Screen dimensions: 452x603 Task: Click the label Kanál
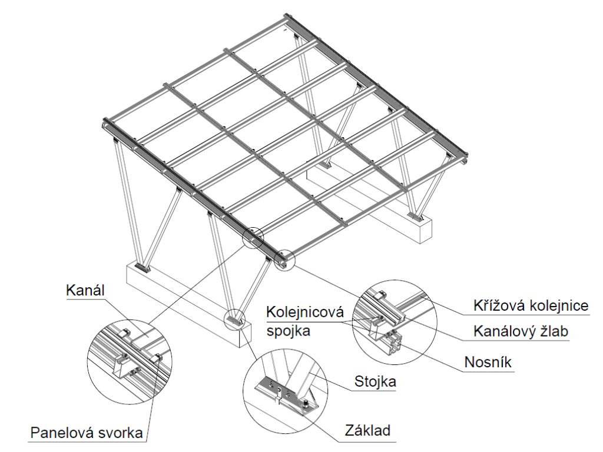(x=85, y=290)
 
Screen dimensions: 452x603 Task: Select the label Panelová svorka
(x=87, y=434)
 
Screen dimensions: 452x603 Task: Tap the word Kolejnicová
(x=304, y=311)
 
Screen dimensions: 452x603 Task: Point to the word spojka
(x=289, y=331)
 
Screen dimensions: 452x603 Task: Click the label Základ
(x=368, y=431)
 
